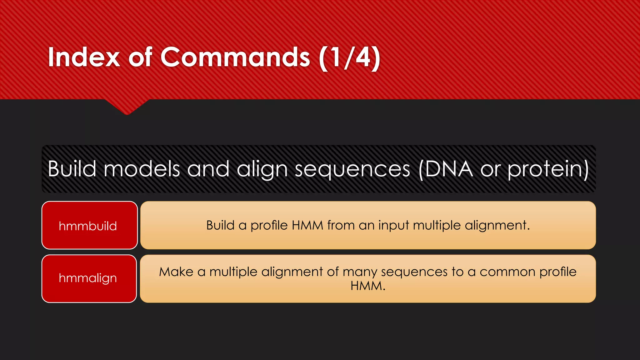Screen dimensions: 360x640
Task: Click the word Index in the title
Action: [x=84, y=57]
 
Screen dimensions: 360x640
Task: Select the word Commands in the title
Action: [x=235, y=57]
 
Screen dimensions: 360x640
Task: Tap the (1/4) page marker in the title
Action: [x=350, y=58]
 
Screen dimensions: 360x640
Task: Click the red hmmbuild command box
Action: [x=89, y=225]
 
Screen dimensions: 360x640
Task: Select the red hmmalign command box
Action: [x=89, y=278]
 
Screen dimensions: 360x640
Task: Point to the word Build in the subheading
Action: [x=72, y=169]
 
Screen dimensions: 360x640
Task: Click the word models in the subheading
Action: [x=142, y=169]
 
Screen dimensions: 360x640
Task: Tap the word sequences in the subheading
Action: [x=352, y=169]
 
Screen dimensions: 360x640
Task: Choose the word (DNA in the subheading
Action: [x=445, y=169]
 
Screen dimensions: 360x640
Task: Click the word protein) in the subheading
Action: [x=548, y=169]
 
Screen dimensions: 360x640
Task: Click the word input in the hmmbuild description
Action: [x=393, y=226]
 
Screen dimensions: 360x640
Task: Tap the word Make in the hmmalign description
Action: [x=176, y=272]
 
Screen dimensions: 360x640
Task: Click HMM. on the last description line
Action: [x=368, y=286]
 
